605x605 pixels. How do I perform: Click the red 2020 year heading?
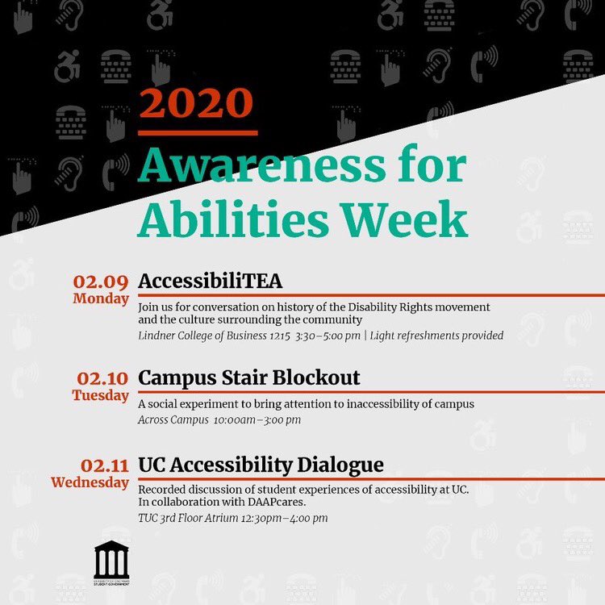196,102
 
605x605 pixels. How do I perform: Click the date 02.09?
101,282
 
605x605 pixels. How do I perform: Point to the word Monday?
101,298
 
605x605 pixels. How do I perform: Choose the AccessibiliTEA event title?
211,281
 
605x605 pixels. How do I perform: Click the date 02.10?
102,378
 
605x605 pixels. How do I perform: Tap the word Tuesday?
100,395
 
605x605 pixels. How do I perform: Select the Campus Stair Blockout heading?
249,378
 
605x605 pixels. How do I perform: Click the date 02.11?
104,465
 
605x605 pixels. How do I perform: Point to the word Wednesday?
90,482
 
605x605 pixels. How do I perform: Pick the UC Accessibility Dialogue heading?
261,465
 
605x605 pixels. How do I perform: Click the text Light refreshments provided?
436,336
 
